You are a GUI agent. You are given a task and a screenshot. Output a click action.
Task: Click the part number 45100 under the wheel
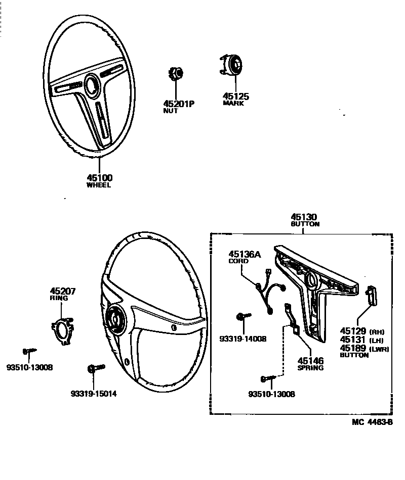99,178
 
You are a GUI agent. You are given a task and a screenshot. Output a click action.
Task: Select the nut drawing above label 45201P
175,74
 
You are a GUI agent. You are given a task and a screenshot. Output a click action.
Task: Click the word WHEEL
99,185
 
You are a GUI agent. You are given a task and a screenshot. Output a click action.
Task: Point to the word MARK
233,104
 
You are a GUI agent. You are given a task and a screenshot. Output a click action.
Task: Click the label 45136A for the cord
245,255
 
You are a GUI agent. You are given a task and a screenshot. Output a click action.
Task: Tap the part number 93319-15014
94,394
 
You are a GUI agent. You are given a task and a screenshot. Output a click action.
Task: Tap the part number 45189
352,348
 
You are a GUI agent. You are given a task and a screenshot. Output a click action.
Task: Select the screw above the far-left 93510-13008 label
27,351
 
